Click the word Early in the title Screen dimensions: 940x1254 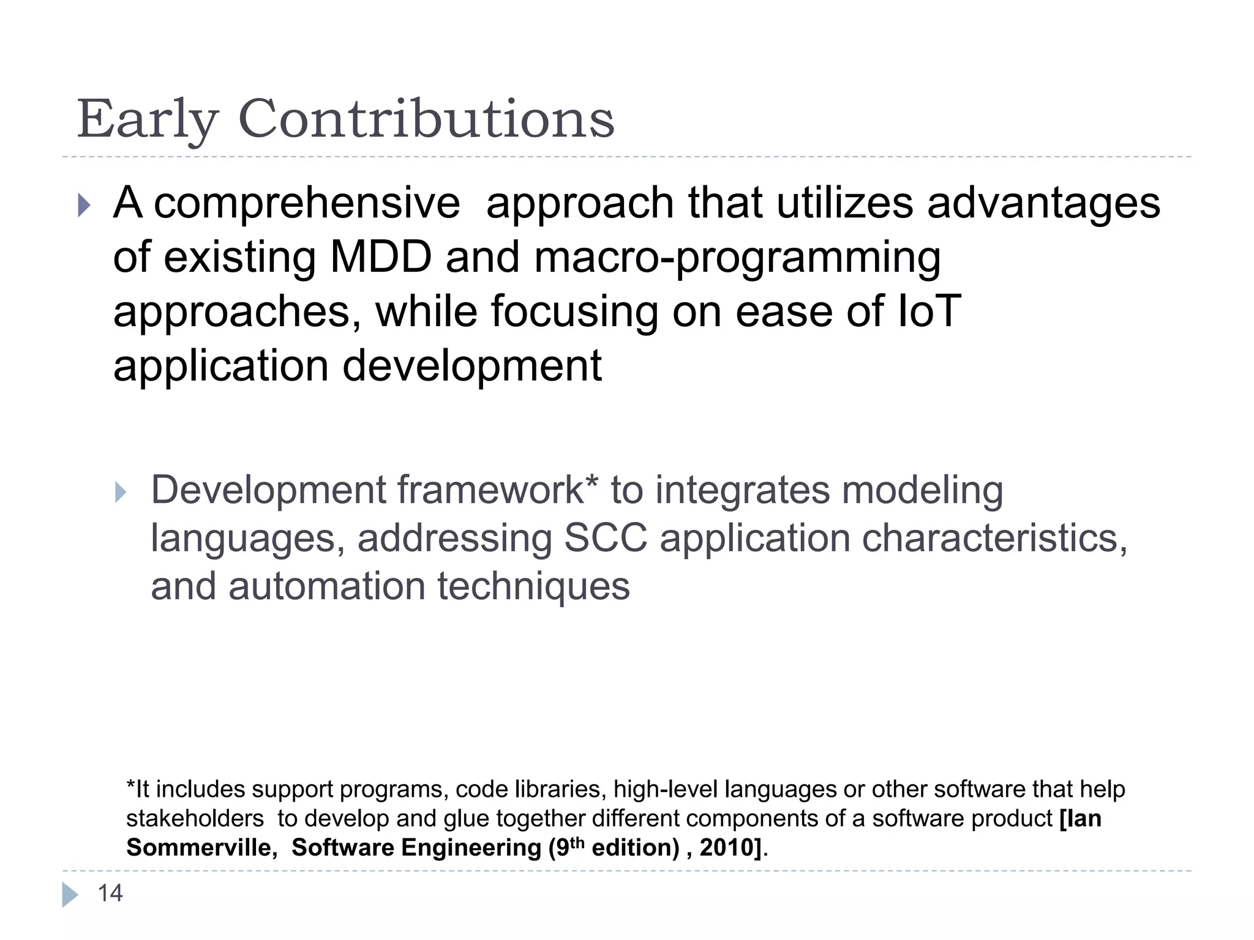pos(147,119)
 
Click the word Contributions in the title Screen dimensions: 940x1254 pos(426,119)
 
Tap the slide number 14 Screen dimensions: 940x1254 pos(110,893)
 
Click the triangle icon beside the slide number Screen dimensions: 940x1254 pos(70,895)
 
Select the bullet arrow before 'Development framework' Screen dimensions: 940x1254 pos(121,492)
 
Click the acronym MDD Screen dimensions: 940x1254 pos(381,257)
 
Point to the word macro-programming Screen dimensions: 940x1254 pos(737,258)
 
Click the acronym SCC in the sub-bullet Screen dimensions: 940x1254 pos(605,539)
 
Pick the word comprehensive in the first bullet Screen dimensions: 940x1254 pos(306,204)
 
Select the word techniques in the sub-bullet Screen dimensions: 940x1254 pos(533,586)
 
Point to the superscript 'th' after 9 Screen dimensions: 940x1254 pos(577,841)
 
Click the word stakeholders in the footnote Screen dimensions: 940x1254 pos(195,819)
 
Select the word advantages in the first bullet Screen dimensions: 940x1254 pos(1043,204)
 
